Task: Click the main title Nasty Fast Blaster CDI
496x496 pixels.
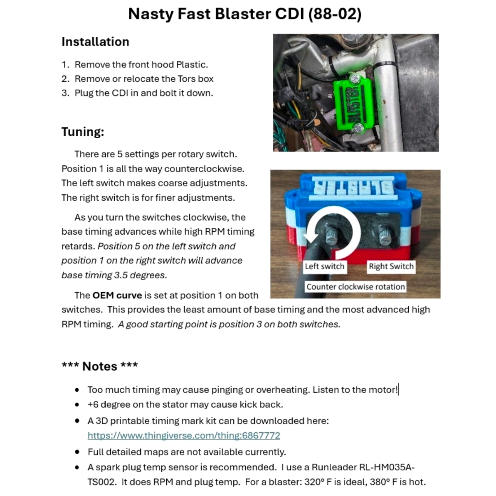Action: pyautogui.click(x=245, y=14)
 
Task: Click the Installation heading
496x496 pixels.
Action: pyautogui.click(x=95, y=42)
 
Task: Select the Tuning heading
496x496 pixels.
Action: pyautogui.click(x=83, y=132)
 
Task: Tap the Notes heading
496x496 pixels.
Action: pyautogui.click(x=100, y=366)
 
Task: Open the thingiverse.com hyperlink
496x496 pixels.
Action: pyautogui.click(x=184, y=435)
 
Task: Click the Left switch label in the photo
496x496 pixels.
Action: pyautogui.click(x=324, y=266)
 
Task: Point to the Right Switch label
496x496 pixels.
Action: pyautogui.click(x=391, y=266)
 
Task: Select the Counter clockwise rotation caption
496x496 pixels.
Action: pyautogui.click(x=355, y=287)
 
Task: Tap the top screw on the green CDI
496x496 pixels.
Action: pyautogui.click(x=354, y=79)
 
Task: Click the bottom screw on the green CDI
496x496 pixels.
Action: pyautogui.click(x=357, y=130)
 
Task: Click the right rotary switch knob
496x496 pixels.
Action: pyautogui.click(x=385, y=237)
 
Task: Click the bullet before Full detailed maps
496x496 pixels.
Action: pyautogui.click(x=77, y=452)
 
